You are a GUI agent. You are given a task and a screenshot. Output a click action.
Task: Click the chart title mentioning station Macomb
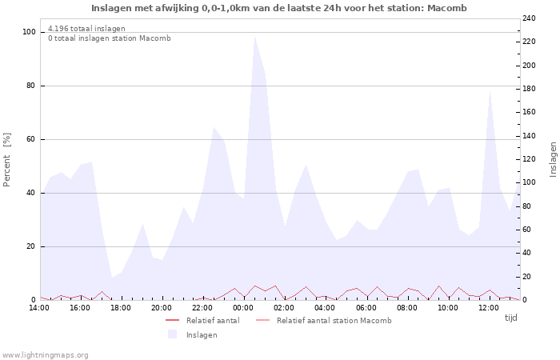click(x=278, y=8)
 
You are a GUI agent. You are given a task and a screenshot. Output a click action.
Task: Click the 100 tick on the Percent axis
click(x=30, y=32)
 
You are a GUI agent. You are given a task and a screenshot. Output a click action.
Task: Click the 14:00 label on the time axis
click(x=39, y=307)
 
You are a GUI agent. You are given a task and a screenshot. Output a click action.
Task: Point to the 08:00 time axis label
click(x=407, y=307)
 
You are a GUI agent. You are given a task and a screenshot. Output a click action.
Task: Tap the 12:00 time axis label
click(x=489, y=307)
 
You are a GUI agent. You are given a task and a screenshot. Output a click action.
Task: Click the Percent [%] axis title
click(x=7, y=160)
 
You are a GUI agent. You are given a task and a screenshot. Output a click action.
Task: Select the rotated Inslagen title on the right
click(x=553, y=159)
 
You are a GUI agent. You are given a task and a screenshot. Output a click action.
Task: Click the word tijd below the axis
click(x=511, y=318)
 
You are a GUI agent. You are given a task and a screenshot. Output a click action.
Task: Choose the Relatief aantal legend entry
click(x=212, y=321)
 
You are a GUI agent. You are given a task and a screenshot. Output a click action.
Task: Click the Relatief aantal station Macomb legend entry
click(x=334, y=321)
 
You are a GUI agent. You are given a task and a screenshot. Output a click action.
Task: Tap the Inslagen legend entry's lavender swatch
click(x=172, y=334)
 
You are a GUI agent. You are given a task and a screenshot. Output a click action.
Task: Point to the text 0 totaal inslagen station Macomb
click(x=109, y=38)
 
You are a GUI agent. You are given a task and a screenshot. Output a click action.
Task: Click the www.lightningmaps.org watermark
click(x=46, y=354)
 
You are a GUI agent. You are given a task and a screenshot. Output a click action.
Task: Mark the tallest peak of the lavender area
click(x=254, y=37)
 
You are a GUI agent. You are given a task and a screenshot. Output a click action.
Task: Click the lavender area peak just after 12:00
click(x=490, y=90)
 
